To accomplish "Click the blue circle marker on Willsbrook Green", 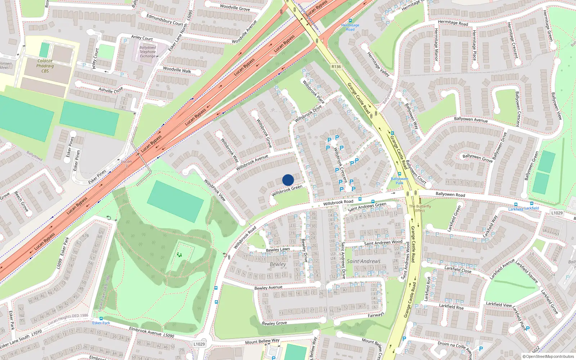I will [x=288, y=180].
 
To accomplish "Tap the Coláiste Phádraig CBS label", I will [x=45, y=66].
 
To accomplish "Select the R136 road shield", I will [x=336, y=67].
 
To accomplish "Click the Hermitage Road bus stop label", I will [x=350, y=27].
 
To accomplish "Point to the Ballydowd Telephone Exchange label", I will [x=148, y=52].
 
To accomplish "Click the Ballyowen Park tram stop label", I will [x=400, y=181].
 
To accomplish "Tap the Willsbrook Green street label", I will [x=287, y=190].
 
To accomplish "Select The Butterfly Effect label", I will [x=420, y=208].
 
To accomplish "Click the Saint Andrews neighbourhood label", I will [x=364, y=261].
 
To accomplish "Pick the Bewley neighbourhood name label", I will [x=278, y=264].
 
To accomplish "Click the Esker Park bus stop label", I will [x=101, y=323].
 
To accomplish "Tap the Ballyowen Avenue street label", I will [x=471, y=120].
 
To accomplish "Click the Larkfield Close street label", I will [x=458, y=269].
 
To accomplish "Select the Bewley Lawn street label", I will [x=278, y=249].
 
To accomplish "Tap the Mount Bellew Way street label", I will [x=262, y=341].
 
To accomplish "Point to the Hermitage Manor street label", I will [x=436, y=44].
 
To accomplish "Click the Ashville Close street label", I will [x=111, y=90].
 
